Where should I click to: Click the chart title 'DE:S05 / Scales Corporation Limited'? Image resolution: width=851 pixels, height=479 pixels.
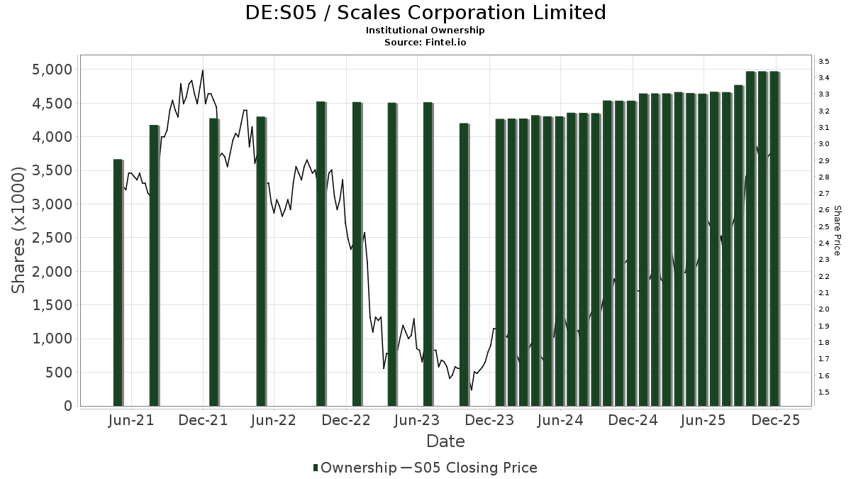(x=425, y=13)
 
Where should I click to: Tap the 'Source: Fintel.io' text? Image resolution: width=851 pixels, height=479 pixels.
(x=425, y=42)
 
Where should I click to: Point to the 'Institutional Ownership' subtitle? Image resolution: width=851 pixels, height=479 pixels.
(x=425, y=31)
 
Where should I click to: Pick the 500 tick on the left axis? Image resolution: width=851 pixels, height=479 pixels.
(x=60, y=373)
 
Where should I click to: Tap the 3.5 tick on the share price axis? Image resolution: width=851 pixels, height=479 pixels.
(x=823, y=62)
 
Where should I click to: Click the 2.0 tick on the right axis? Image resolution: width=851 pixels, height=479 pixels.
(x=823, y=309)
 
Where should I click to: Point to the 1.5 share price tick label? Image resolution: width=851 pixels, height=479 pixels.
(x=823, y=392)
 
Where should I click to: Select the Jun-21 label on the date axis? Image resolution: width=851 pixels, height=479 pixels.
(x=131, y=420)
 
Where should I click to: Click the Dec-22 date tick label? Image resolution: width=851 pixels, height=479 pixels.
(x=347, y=420)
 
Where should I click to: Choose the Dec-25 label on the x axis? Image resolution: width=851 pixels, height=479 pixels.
(x=776, y=420)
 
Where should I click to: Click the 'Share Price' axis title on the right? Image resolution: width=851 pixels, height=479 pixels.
(x=837, y=231)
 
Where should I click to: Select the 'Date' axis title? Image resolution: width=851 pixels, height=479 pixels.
(x=445, y=441)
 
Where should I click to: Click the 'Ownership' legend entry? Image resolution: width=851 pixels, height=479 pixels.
(x=355, y=468)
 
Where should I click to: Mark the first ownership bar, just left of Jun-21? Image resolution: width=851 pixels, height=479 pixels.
(x=118, y=284)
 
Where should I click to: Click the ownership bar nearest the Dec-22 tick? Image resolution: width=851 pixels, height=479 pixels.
(x=357, y=255)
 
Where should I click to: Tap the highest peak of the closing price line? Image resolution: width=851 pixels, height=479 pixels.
(x=203, y=71)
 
